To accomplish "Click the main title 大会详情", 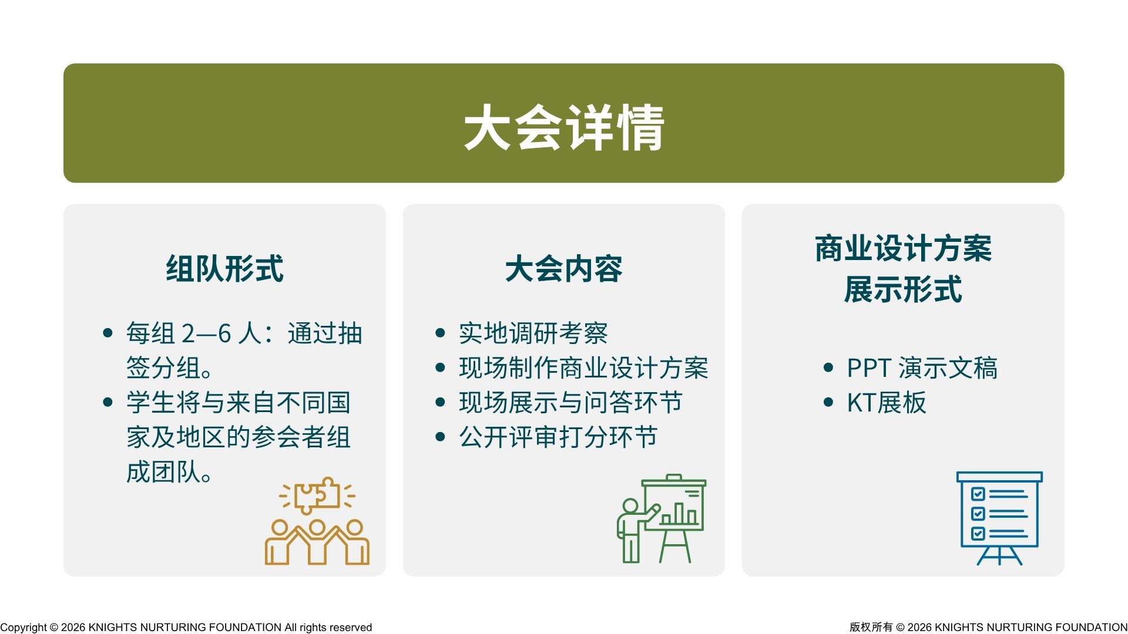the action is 564,127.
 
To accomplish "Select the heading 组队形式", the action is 224,269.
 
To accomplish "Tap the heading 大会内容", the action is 563,269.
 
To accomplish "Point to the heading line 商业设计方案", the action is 903,248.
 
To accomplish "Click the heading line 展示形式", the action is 903,289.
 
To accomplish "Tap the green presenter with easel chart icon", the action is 662,518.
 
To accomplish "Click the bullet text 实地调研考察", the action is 533,333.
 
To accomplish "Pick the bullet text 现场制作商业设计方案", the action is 583,368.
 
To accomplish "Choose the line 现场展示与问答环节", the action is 570,403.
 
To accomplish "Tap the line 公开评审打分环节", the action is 558,437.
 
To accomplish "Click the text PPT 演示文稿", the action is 922,368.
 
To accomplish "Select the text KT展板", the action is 887,403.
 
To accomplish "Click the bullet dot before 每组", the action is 108,333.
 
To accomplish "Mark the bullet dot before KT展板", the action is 828,402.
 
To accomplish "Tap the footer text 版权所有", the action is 871,627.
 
